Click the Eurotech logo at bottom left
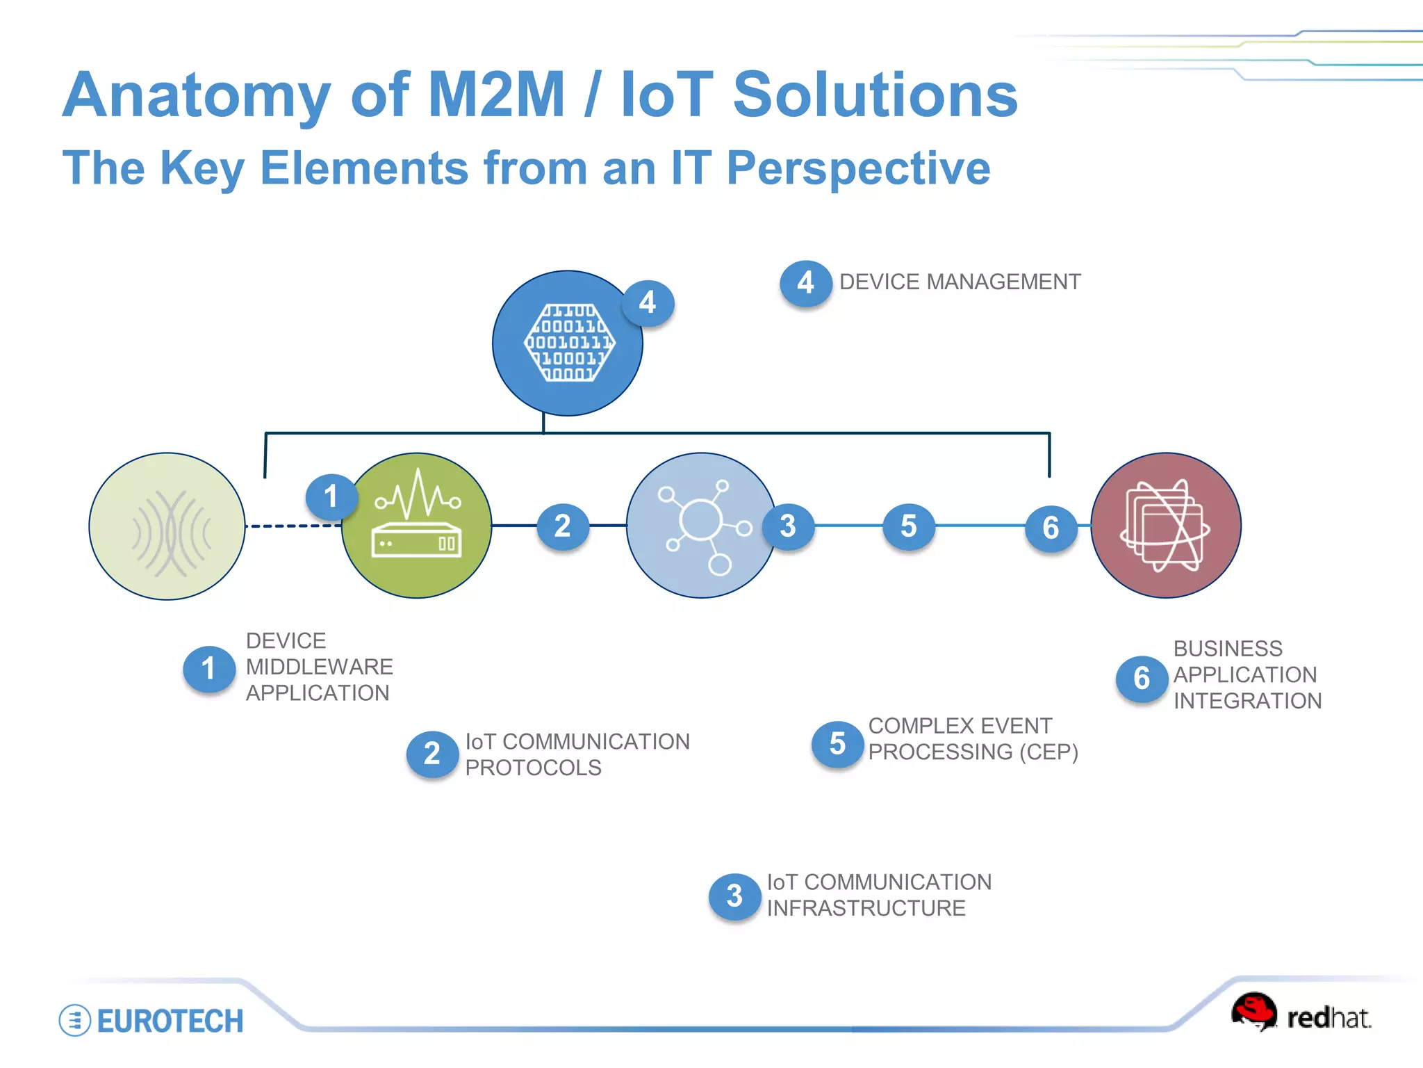(151, 1021)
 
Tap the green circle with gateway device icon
(417, 526)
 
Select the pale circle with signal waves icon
(167, 526)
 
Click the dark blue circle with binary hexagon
(566, 343)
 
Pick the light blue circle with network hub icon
(700, 526)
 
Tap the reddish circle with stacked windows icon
(1166, 526)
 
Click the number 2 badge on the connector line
(563, 526)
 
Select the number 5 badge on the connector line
(909, 526)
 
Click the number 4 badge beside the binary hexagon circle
(648, 303)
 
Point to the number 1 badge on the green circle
(331, 496)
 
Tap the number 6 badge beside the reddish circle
(1051, 528)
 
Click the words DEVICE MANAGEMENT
(960, 282)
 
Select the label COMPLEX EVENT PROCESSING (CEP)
(972, 739)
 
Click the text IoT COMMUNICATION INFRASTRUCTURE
(878, 895)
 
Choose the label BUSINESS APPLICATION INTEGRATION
(1247, 674)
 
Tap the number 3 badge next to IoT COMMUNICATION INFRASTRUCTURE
(734, 896)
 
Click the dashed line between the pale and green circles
(292, 526)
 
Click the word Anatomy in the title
(197, 95)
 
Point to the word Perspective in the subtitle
(858, 168)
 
